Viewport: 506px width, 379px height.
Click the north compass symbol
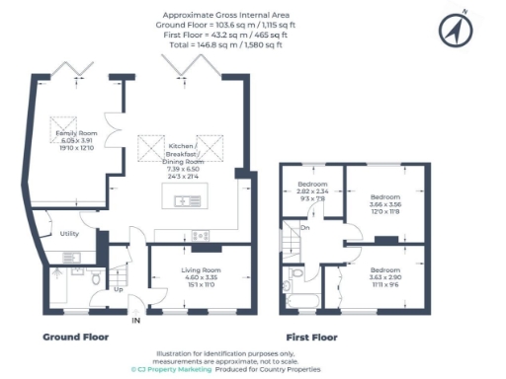(x=455, y=32)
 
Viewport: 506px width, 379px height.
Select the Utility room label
(x=69, y=234)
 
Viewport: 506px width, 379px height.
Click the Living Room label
(x=198, y=268)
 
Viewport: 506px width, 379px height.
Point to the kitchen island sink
(x=185, y=202)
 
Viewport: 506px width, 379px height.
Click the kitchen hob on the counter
(x=200, y=235)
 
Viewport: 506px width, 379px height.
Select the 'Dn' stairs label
(x=305, y=228)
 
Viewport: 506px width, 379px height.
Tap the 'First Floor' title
(x=311, y=337)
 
